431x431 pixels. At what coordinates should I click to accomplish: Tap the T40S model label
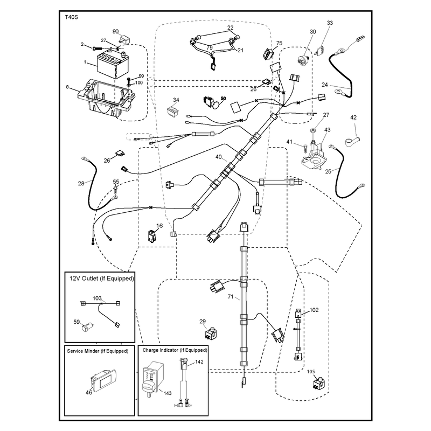72,17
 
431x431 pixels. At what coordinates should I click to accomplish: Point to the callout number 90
116,31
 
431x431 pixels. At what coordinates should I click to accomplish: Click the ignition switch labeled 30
304,59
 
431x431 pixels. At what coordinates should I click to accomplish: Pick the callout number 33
330,23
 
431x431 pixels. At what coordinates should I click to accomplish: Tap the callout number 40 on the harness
219,157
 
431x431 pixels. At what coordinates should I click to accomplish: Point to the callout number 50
223,99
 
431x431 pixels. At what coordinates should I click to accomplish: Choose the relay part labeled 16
152,236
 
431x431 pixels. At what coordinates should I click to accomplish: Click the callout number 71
231,297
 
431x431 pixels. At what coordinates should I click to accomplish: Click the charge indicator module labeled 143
153,379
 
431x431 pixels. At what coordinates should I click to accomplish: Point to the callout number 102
314,310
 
